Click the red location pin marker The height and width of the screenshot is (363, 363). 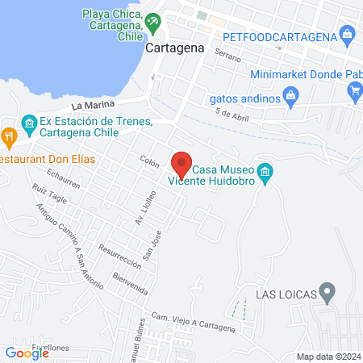click(181, 164)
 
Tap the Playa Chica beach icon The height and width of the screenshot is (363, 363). click(152, 22)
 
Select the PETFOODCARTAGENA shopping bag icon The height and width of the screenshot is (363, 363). click(347, 35)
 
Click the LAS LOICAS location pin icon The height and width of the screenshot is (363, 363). click(327, 290)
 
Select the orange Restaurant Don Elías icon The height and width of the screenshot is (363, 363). click(9, 136)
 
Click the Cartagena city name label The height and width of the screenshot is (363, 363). click(173, 48)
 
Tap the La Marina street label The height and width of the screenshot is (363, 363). click(88, 105)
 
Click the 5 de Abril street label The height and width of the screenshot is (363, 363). click(234, 115)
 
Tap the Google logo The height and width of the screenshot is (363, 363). click(27, 353)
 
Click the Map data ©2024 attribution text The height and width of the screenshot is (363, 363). click(328, 357)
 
